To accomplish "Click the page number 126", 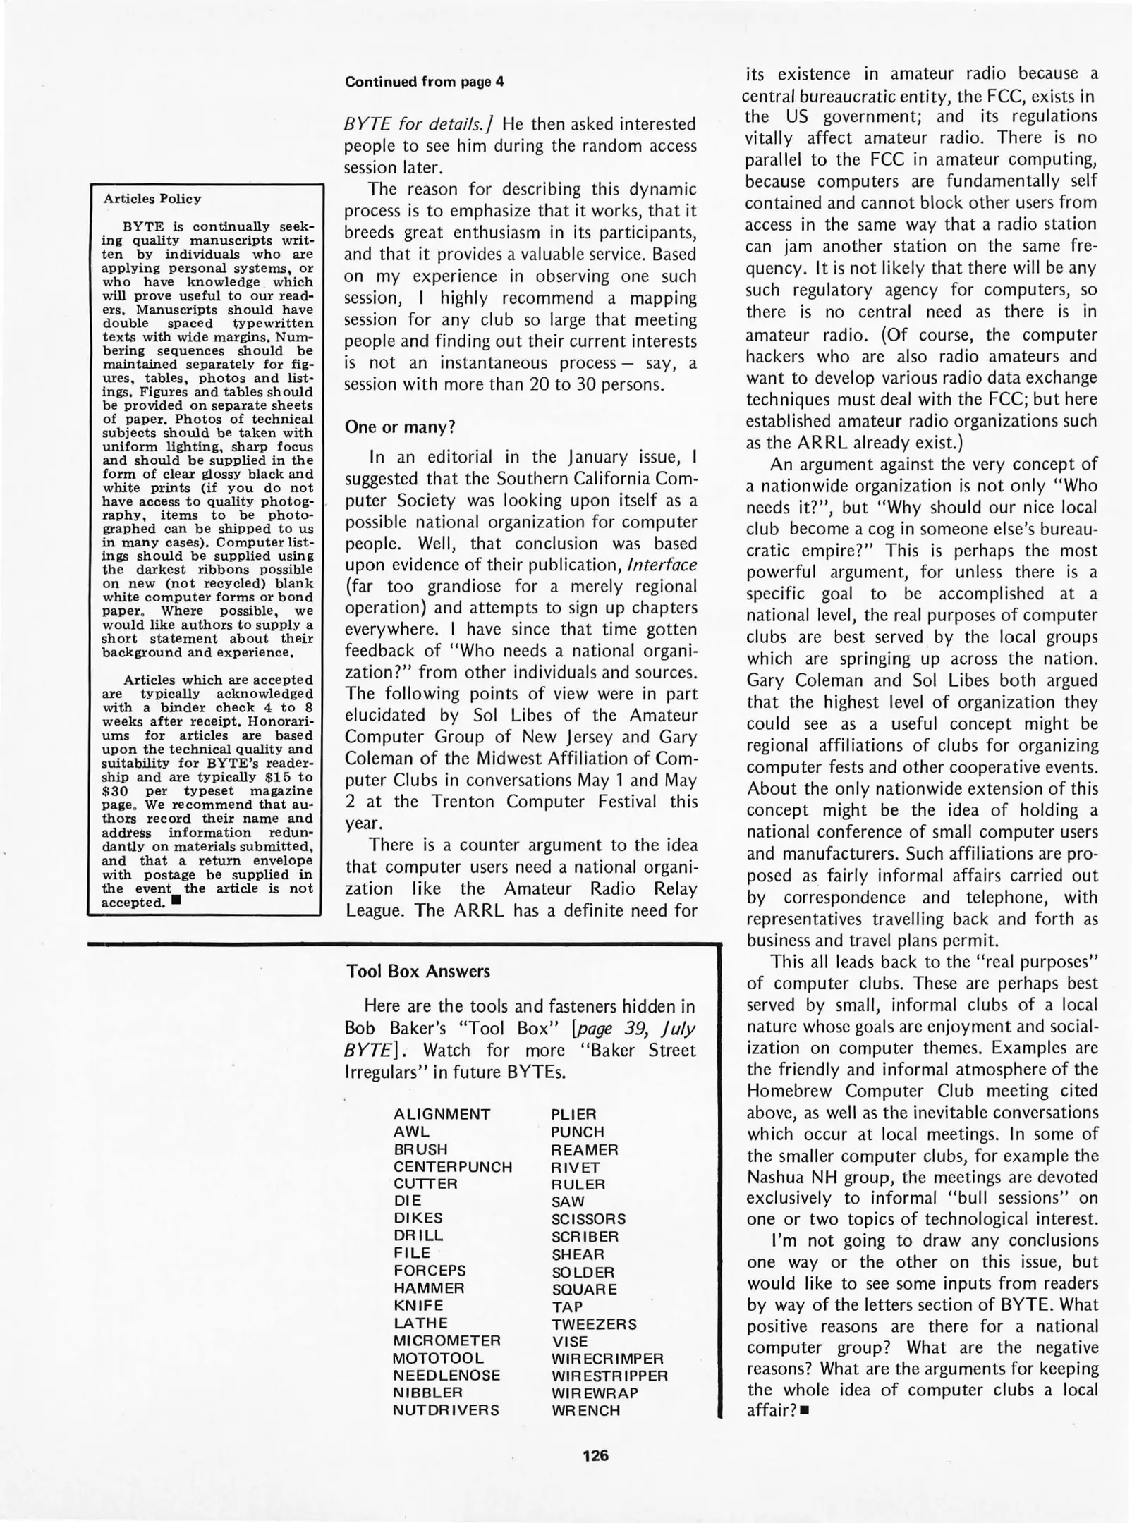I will (x=595, y=1455).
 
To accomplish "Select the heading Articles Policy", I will (x=152, y=199).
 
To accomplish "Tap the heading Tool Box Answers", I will (x=418, y=972).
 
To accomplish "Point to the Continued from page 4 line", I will (x=425, y=82).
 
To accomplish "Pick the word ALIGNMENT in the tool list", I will (x=442, y=1115).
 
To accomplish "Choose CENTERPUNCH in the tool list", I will (x=453, y=1167).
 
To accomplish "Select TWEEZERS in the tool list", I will (x=594, y=1324).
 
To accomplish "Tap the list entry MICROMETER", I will (x=446, y=1340).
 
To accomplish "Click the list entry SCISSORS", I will (x=588, y=1219).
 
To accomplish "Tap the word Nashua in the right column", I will (x=776, y=1178).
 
